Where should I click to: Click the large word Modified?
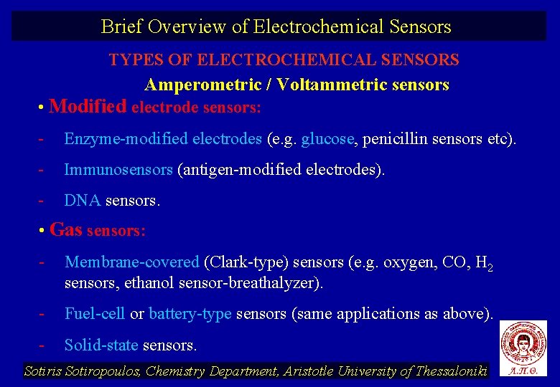tap(88, 107)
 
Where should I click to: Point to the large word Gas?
tap(66, 230)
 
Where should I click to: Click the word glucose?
tap(328, 139)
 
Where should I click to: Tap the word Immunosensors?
tap(118, 170)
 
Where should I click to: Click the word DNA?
tap(83, 201)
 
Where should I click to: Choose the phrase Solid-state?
tap(101, 345)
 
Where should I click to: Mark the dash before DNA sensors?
tap(42, 201)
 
